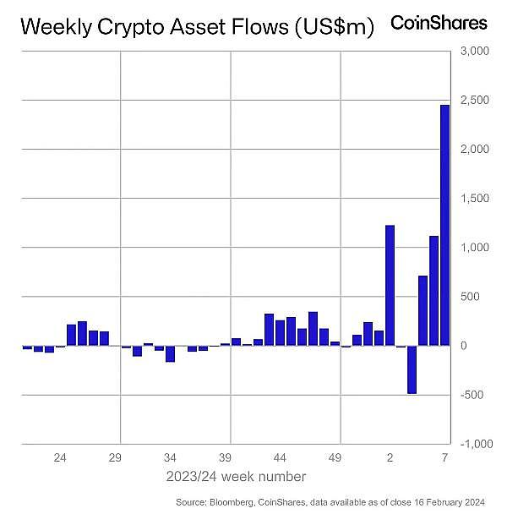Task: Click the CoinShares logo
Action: click(439, 23)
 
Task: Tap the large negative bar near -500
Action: click(412, 369)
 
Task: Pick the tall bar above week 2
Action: click(390, 285)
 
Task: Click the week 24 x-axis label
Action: click(60, 458)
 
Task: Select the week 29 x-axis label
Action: click(116, 458)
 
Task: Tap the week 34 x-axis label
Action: click(172, 458)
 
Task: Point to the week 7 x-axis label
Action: click(444, 458)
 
